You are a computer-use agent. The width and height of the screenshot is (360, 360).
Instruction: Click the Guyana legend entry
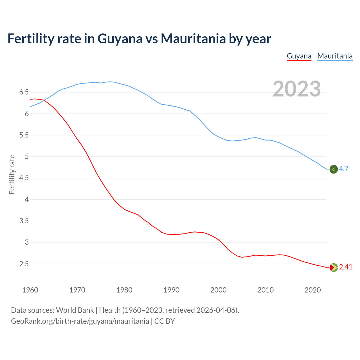tap(299, 56)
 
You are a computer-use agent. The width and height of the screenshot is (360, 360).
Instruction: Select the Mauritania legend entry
tap(335, 56)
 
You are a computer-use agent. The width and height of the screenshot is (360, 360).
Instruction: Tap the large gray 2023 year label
tap(296, 89)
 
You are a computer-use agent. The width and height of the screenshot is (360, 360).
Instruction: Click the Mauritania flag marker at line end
tap(333, 169)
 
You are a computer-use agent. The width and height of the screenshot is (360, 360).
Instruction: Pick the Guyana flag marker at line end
tap(333, 267)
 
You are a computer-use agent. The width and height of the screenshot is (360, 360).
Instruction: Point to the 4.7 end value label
tap(344, 169)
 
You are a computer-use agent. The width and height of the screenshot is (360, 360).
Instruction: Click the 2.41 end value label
tap(346, 267)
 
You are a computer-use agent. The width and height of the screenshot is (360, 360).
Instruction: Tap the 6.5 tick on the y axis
tap(24, 92)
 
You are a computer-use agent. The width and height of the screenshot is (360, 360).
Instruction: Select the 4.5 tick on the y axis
tap(24, 178)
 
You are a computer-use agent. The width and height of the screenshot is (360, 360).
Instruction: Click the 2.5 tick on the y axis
tap(24, 264)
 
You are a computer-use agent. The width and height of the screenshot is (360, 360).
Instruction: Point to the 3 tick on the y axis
tap(27, 242)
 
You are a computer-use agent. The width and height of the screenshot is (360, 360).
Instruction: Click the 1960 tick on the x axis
tap(30, 290)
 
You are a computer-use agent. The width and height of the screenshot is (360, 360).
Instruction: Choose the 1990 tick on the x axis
tap(171, 290)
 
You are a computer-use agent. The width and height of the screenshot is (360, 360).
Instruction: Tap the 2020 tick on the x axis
tap(312, 290)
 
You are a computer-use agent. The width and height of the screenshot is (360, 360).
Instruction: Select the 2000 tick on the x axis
tap(218, 290)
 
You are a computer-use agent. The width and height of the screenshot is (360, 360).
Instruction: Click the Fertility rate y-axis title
tap(12, 174)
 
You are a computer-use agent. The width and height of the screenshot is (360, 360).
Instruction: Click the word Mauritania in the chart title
tap(193, 39)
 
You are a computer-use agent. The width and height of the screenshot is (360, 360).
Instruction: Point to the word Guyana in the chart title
tap(120, 39)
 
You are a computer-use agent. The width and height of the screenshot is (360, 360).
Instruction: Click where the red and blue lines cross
tap(44, 100)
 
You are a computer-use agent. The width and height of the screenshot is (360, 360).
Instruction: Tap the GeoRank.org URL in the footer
tap(80, 321)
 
